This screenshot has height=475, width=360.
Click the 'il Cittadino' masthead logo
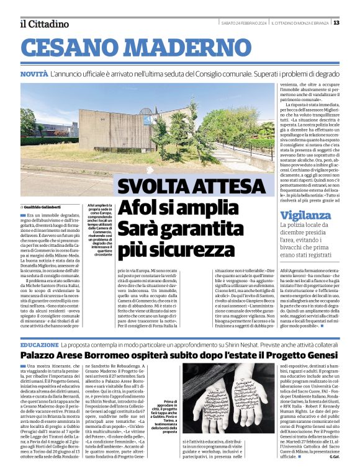coord(45,24)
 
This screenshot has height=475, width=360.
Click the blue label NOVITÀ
coord(34,74)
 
